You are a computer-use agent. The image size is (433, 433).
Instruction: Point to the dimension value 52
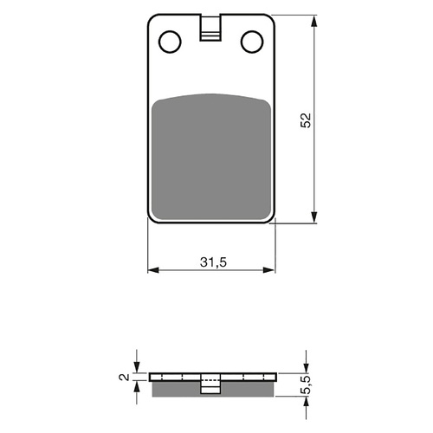coord(304,120)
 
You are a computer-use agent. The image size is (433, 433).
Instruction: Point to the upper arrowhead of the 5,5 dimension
coord(306,368)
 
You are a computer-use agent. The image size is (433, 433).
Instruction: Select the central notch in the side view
coord(210,386)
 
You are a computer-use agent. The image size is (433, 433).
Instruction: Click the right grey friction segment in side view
coord(247,389)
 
